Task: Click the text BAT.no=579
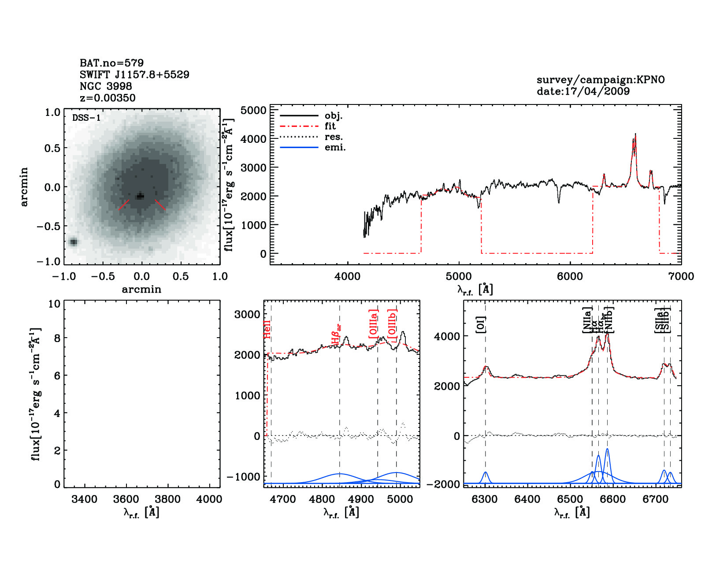point(111,63)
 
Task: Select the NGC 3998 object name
point(106,86)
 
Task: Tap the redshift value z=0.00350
point(108,98)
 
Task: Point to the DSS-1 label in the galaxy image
point(86,118)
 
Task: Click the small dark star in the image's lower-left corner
point(73,242)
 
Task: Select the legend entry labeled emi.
point(335,148)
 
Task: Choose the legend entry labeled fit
point(330,126)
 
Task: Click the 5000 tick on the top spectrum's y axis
point(254,110)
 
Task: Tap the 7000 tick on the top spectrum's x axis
point(681,276)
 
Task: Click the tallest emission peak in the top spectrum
point(635,134)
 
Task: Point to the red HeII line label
point(267,330)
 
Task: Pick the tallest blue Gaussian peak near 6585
point(607,449)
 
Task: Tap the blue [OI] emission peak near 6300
point(486,473)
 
